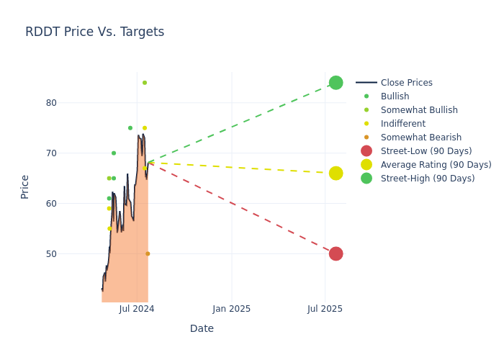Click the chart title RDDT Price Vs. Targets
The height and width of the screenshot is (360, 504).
pyautogui.click(x=94, y=32)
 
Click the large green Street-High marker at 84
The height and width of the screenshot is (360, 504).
pyautogui.click(x=336, y=83)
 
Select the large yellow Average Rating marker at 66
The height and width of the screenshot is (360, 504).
pyautogui.click(x=336, y=174)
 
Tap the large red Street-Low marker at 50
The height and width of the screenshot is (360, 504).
pyautogui.click(x=336, y=253)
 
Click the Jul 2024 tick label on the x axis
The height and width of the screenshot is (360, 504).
pyautogui.click(x=137, y=309)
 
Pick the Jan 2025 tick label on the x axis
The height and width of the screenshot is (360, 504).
pyautogui.click(x=232, y=309)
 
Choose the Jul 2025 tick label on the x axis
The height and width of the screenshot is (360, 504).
pyautogui.click(x=325, y=309)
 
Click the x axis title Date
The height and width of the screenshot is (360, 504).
pyautogui.click(x=202, y=328)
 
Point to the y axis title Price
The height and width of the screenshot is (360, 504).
pyautogui.click(x=25, y=186)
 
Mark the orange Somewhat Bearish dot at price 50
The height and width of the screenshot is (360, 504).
pyautogui.click(x=148, y=253)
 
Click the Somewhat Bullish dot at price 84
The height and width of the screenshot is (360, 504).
pyautogui.click(x=144, y=83)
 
